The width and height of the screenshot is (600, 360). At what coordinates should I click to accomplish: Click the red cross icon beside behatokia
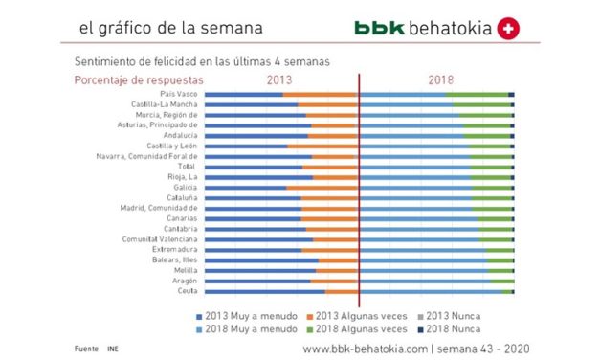508,29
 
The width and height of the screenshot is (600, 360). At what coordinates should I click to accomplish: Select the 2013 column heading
278,79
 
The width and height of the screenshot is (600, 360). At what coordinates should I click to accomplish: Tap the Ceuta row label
187,291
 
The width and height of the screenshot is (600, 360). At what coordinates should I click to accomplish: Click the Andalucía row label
179,135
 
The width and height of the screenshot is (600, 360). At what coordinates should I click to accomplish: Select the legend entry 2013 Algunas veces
356,315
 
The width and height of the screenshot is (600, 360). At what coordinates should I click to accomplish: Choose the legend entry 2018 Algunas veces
356,327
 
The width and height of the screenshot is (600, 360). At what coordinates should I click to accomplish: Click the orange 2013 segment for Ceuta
341,291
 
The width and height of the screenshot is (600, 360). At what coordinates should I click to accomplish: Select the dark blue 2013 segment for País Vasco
243,94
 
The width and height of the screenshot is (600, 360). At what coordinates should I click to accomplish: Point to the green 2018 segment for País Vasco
478,94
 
